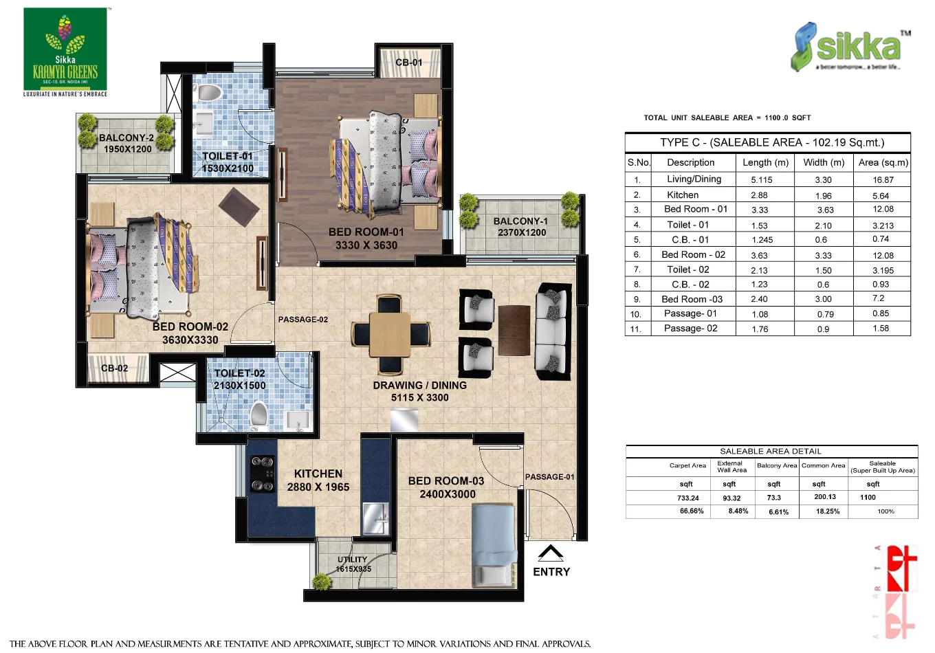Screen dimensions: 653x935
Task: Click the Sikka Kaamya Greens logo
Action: click(x=65, y=52)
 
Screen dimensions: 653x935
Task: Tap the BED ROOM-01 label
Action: click(x=366, y=232)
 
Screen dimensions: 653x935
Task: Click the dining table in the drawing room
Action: click(x=390, y=334)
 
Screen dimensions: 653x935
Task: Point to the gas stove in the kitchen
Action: click(x=262, y=474)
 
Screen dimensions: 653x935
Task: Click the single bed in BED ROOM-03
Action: click(x=494, y=544)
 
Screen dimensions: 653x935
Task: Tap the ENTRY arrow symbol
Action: click(x=551, y=553)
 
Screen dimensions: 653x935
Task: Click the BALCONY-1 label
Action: click(x=520, y=221)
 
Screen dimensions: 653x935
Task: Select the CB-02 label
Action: click(x=115, y=368)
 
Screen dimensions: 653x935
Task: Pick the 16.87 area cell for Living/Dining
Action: click(x=883, y=179)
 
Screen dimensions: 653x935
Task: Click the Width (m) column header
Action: click(x=823, y=162)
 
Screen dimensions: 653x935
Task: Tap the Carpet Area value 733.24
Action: click(x=687, y=498)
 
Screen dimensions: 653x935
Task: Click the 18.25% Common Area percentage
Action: click(x=827, y=511)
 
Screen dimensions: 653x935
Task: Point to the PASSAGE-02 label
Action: click(x=302, y=320)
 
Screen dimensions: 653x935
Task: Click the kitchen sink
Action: click(x=375, y=517)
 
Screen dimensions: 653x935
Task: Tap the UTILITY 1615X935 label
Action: click(x=353, y=564)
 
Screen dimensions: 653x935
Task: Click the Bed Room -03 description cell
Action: click(x=692, y=299)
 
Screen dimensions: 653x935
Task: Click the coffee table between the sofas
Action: click(x=514, y=330)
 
